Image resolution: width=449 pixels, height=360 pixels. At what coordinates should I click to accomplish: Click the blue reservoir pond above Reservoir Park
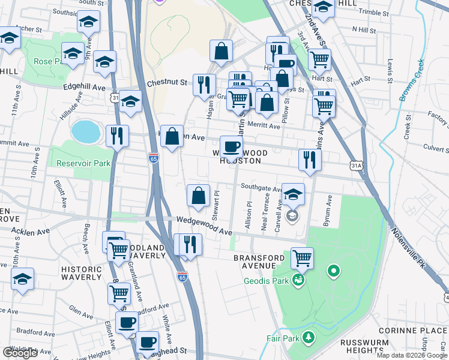(86, 131)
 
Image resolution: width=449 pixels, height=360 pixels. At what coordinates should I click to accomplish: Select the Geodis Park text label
(267, 280)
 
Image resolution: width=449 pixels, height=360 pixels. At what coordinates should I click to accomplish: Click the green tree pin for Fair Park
(309, 338)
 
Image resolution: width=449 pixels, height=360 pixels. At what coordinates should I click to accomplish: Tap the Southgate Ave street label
(261, 188)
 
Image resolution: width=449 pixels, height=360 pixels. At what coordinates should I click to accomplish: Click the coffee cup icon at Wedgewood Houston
(232, 146)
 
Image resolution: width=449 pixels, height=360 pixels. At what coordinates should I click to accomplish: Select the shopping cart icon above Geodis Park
(302, 258)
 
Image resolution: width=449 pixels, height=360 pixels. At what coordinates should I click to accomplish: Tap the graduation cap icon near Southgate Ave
(293, 194)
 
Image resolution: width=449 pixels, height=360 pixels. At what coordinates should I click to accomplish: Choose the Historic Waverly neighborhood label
(81, 273)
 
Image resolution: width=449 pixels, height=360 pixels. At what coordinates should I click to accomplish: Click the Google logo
(20, 352)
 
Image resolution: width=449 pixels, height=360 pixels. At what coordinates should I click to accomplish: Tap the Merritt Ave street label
(265, 127)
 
